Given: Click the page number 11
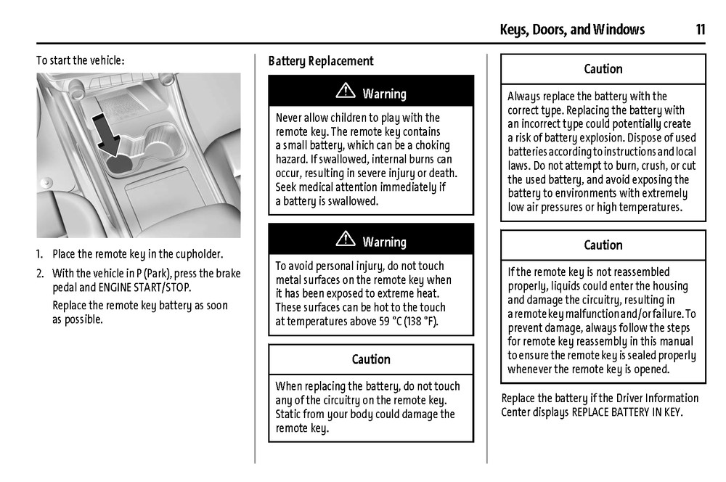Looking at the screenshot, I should (x=700, y=30).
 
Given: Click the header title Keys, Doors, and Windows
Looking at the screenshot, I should (x=572, y=30).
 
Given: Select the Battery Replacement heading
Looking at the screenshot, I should (x=321, y=61).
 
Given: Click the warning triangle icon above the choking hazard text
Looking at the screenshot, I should (x=346, y=92).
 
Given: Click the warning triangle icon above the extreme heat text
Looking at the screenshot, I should (x=346, y=240).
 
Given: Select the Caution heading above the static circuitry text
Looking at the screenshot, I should (x=371, y=359).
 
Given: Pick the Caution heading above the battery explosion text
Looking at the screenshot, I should (x=603, y=69).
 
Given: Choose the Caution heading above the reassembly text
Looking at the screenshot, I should (x=603, y=245).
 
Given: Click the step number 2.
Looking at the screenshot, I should (x=40, y=274).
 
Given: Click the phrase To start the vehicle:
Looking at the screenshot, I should (x=81, y=60).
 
